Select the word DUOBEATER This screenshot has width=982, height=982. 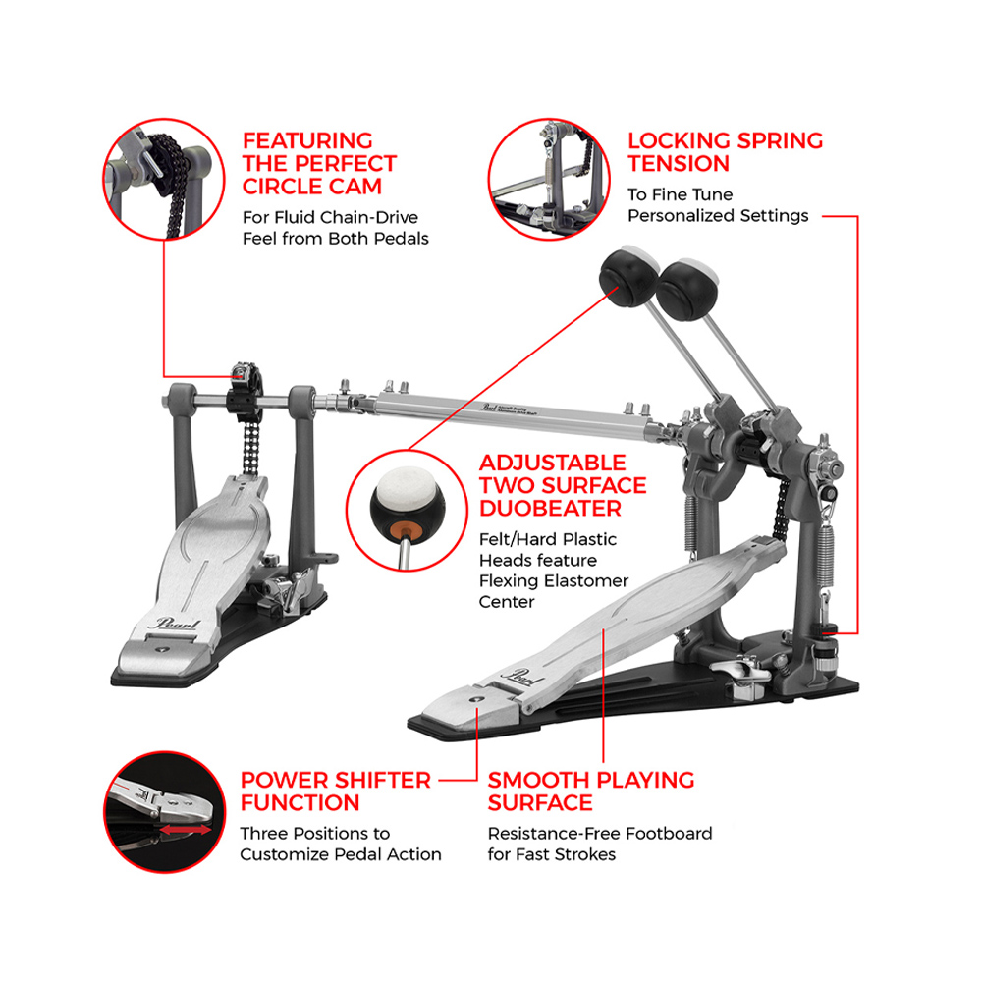coord(551,508)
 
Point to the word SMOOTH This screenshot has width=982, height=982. coord(534,781)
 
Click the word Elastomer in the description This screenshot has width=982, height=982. coord(585,581)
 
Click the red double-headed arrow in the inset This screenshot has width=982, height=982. coord(186,830)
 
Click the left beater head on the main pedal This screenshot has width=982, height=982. coord(628,276)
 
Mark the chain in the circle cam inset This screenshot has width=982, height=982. coord(173,182)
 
